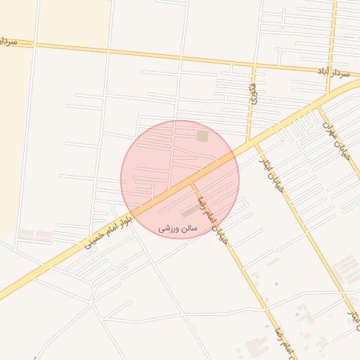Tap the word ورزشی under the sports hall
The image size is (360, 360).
click(x=167, y=229)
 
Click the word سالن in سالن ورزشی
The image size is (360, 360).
click(x=190, y=229)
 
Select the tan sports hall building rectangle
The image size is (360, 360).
click(x=191, y=211)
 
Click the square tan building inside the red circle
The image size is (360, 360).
click(x=202, y=136)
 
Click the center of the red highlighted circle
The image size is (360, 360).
click(x=180, y=179)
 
